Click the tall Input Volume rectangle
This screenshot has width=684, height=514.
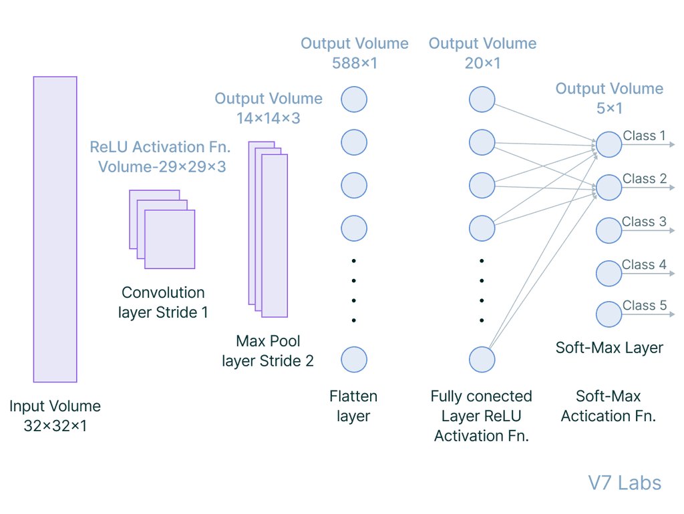[x=55, y=229]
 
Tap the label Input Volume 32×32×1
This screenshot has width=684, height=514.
[x=55, y=415]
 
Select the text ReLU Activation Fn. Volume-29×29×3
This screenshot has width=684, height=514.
[x=160, y=156]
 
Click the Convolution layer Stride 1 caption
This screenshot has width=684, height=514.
[x=163, y=302]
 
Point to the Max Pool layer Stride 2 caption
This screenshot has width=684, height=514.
[x=268, y=351]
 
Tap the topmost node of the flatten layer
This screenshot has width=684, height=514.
[x=354, y=99]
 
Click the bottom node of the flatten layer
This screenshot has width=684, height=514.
[x=354, y=359]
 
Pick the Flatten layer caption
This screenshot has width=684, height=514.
[x=353, y=406]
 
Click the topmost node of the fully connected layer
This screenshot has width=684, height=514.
[x=482, y=99]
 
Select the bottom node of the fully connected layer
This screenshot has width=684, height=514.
[x=482, y=359]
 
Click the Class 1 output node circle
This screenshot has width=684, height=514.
[x=609, y=144]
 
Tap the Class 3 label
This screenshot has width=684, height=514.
[x=644, y=222]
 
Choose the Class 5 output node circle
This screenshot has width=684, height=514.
[x=609, y=314]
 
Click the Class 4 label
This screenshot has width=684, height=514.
[x=644, y=265]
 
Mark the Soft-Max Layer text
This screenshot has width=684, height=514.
[x=609, y=348]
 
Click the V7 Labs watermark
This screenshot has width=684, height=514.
[x=625, y=483]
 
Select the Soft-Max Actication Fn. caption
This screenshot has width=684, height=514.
[x=609, y=406]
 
